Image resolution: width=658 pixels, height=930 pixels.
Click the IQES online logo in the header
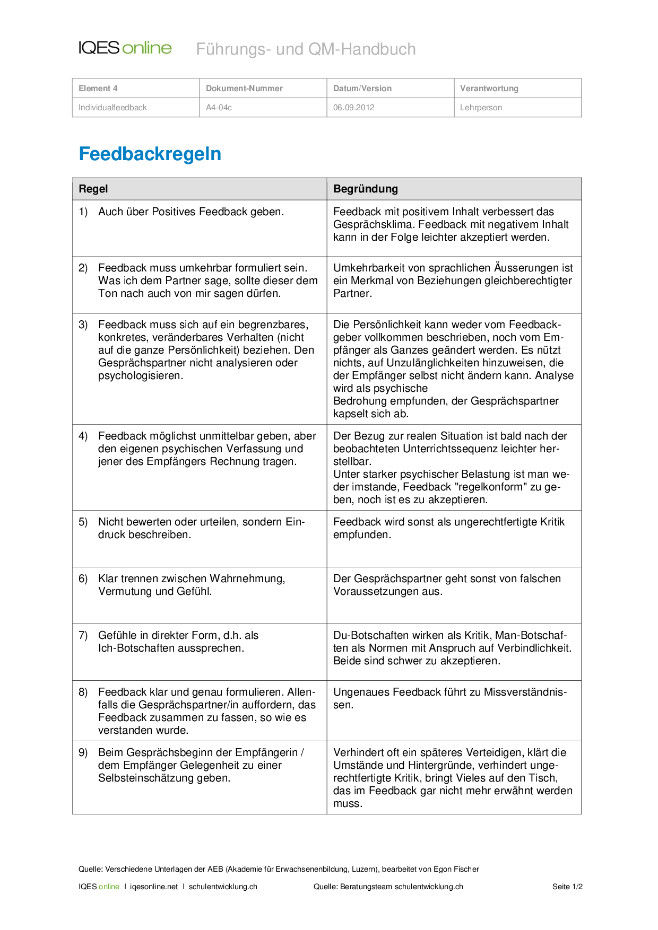click(125, 48)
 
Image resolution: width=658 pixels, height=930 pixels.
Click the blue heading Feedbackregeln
click(150, 154)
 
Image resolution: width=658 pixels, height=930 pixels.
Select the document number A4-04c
click(219, 107)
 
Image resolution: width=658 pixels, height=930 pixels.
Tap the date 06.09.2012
click(353, 107)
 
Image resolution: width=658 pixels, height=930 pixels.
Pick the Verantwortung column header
click(489, 88)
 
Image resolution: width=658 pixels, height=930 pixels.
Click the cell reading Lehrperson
click(481, 107)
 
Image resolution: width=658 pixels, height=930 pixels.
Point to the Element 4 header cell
click(98, 88)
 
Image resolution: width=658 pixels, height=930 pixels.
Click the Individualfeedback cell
click(112, 107)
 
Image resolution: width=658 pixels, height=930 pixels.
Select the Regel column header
click(93, 189)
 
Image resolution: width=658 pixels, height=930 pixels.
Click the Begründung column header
click(365, 189)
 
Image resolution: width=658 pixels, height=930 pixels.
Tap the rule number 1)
click(83, 212)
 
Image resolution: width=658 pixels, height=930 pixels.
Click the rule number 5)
click(83, 522)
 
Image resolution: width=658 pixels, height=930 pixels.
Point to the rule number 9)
click(83, 752)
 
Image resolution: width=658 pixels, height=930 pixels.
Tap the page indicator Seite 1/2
click(567, 887)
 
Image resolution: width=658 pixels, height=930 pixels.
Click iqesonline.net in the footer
click(154, 887)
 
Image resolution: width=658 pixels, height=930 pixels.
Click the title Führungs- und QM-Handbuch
click(306, 49)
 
